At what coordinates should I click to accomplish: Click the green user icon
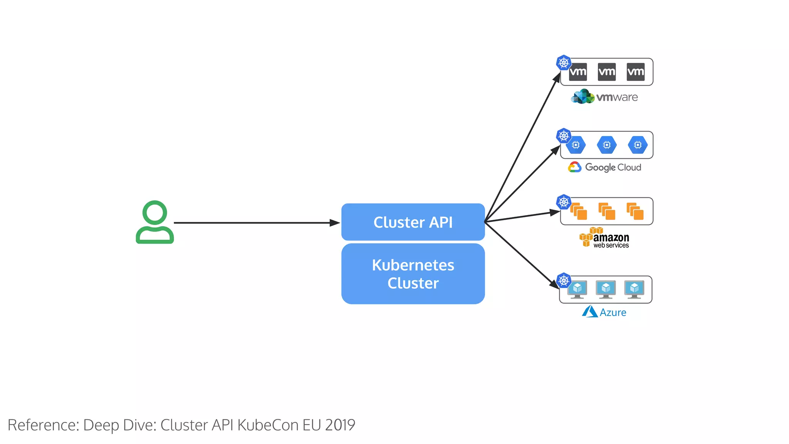tap(154, 222)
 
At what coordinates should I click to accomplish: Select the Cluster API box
tap(413, 222)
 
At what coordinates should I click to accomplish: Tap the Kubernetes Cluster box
tap(413, 274)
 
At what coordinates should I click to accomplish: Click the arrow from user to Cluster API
tap(254, 222)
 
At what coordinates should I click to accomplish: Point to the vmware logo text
tap(616, 97)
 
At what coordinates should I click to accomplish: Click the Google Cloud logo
tap(604, 167)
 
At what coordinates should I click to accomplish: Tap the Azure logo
tap(604, 312)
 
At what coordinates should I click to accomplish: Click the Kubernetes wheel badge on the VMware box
tap(564, 62)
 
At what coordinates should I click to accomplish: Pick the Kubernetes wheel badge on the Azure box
tap(564, 280)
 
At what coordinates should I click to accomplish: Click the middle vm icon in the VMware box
tap(606, 72)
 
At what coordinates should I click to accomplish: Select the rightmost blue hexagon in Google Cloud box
tap(638, 145)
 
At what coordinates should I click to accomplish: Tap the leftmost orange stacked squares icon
tap(578, 211)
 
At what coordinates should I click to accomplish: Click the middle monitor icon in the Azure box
tap(606, 289)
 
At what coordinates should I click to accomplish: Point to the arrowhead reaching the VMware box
tap(557, 78)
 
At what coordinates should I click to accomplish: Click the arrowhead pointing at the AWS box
tap(555, 212)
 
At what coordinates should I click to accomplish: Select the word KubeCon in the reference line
tap(268, 425)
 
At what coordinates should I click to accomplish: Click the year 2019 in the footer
tap(340, 425)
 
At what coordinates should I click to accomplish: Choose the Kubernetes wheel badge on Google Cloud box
tap(564, 136)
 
